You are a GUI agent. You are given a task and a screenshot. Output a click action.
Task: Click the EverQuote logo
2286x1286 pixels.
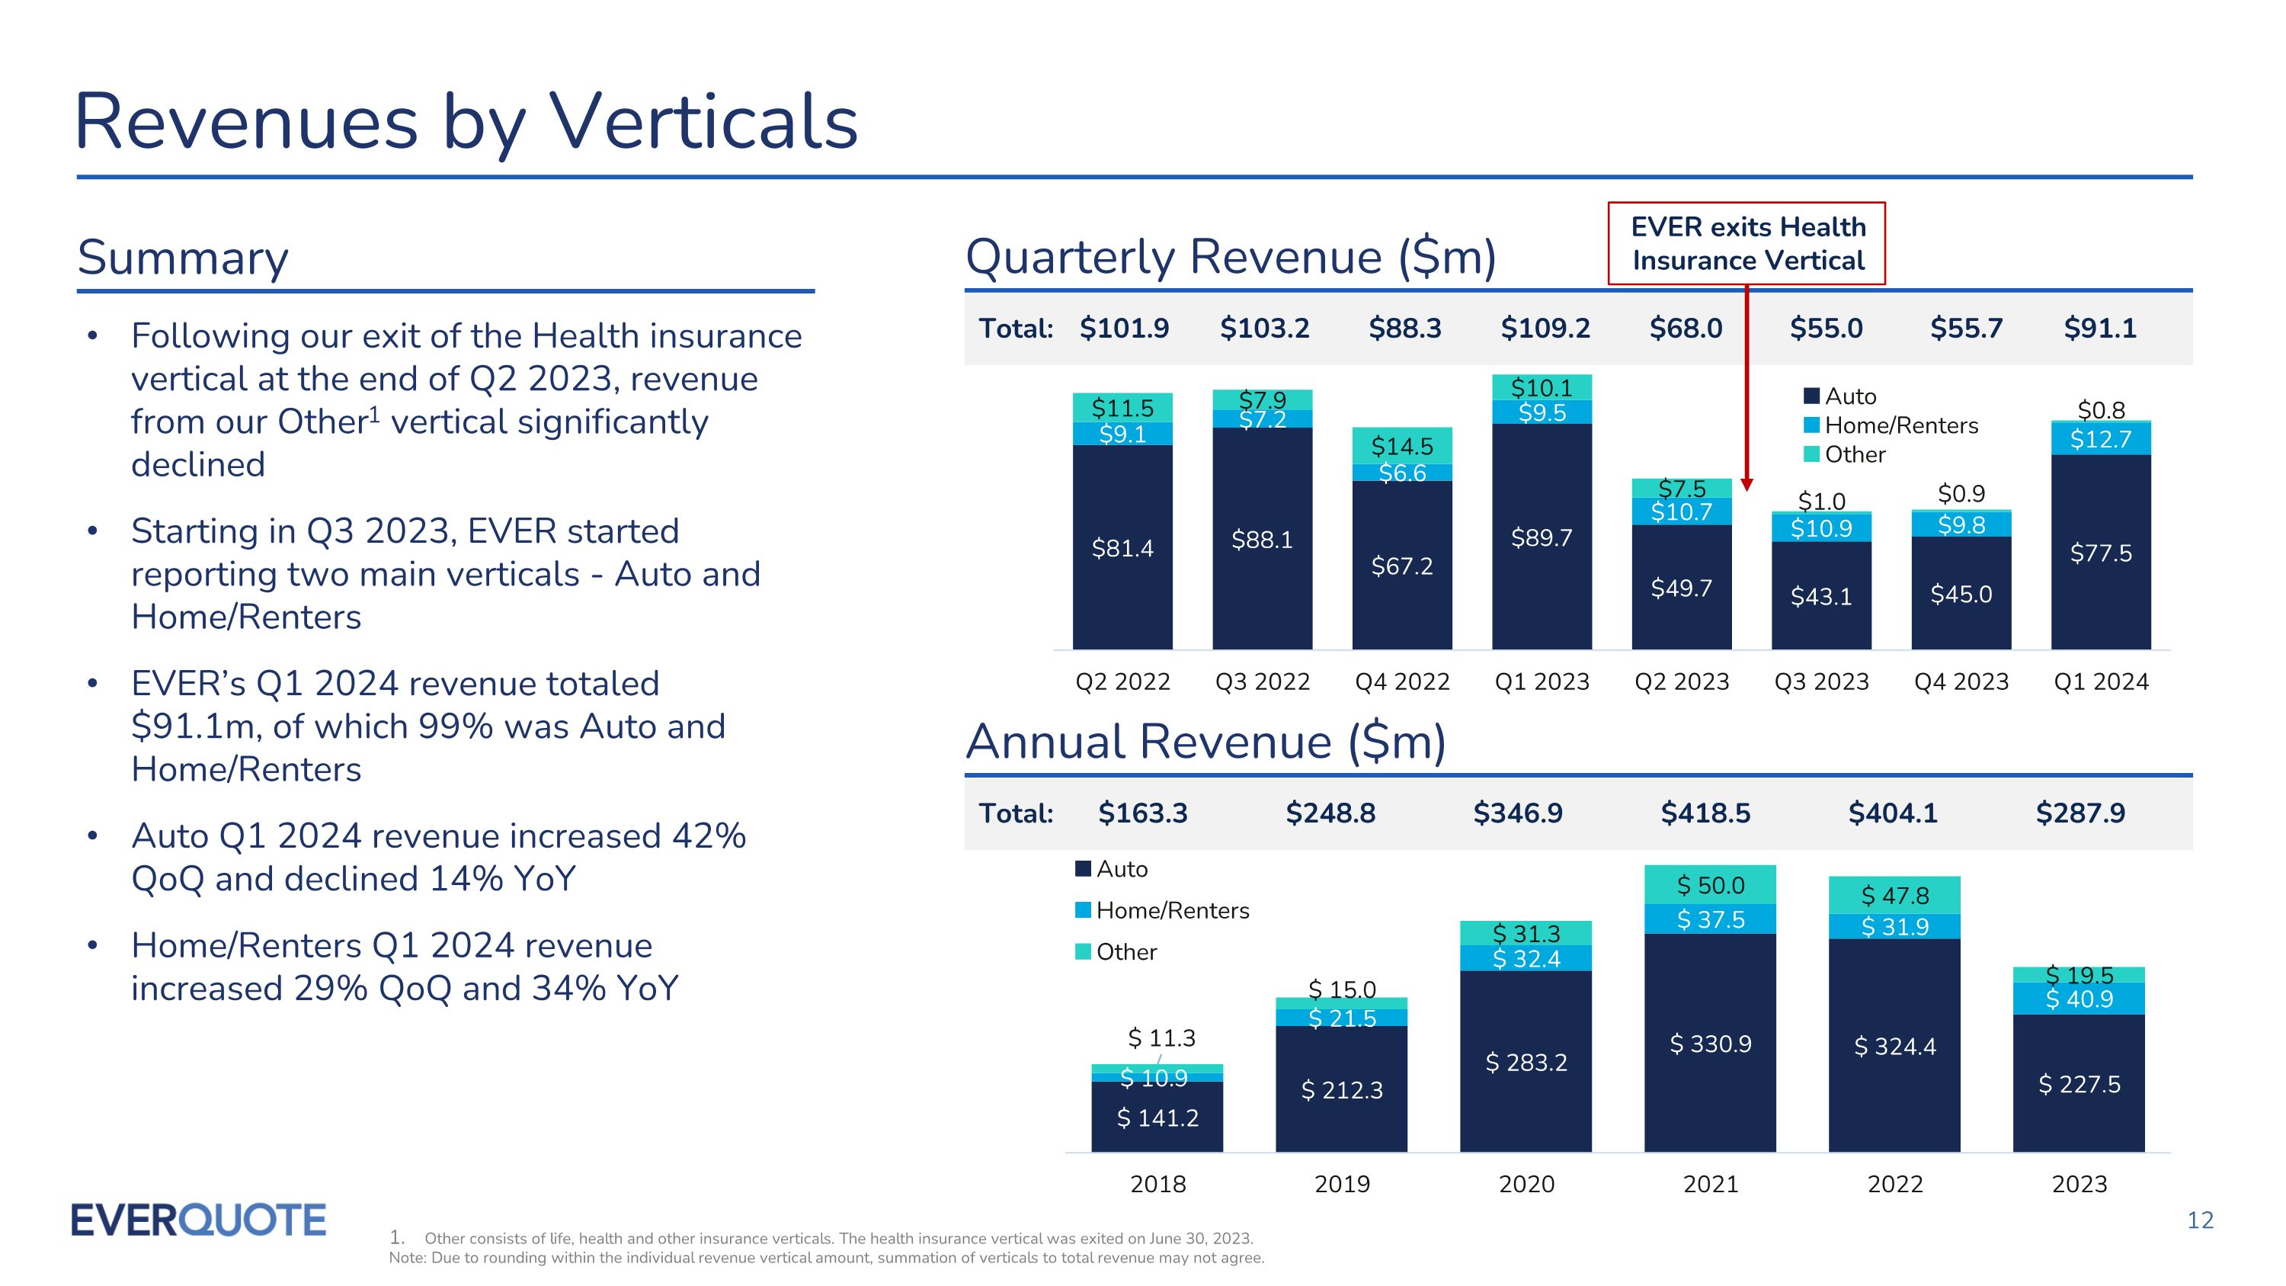click(198, 1220)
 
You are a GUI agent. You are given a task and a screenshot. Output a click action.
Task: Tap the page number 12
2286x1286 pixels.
click(2200, 1221)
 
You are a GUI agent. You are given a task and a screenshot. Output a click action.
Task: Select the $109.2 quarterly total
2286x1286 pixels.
click(1545, 329)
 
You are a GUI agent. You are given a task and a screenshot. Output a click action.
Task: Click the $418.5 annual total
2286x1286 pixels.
click(1705, 813)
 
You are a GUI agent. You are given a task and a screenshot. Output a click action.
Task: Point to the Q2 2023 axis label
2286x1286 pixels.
click(1682, 681)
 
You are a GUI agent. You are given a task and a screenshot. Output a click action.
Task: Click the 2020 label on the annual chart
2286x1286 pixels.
click(1526, 1184)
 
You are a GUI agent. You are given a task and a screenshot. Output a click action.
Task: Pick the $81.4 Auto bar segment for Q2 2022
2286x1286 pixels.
click(1122, 547)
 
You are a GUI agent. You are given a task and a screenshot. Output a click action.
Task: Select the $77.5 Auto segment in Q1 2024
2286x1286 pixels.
click(2101, 553)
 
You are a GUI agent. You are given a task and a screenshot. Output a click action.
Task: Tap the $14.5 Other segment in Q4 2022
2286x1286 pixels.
click(1402, 445)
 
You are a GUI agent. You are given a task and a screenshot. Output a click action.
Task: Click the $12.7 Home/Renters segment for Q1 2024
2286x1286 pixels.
click(2101, 439)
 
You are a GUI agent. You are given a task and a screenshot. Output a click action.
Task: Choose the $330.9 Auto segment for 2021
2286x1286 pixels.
click(1710, 1044)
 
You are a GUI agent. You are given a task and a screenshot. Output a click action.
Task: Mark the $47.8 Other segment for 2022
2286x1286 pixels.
click(1894, 896)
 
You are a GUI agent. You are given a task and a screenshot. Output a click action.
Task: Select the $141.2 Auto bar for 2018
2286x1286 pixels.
click(1157, 1118)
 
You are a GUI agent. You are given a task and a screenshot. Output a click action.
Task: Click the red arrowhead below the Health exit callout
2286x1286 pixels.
click(1747, 485)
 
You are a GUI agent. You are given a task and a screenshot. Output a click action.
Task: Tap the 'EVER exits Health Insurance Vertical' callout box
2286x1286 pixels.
click(1747, 244)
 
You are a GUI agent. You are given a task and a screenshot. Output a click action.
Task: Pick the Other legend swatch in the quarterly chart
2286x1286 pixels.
click(1812, 454)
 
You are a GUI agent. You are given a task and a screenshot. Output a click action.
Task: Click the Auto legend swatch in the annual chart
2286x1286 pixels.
click(1083, 869)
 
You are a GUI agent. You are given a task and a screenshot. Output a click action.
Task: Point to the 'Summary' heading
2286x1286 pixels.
click(183, 258)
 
